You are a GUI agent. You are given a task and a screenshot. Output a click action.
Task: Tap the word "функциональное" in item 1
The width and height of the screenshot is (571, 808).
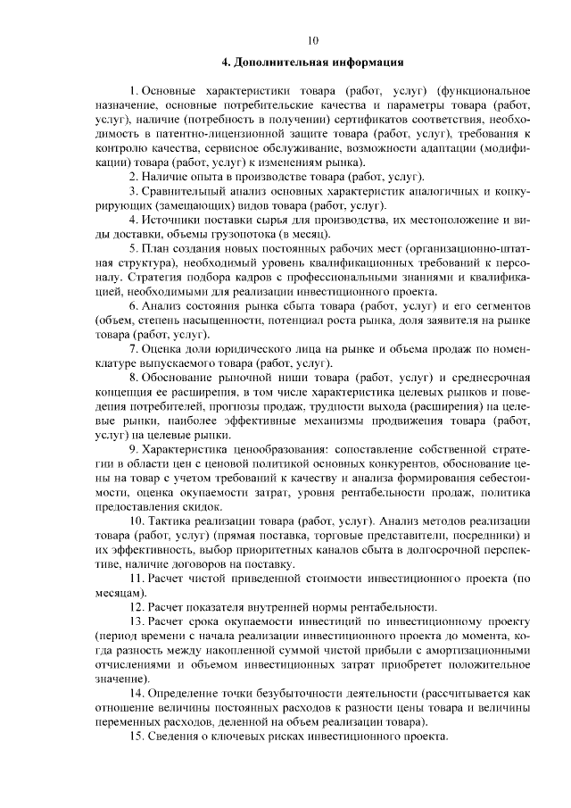pos(484,92)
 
